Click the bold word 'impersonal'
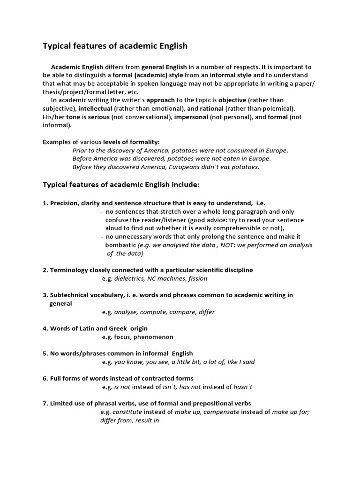[x=191, y=117]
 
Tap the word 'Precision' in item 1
[x=64, y=203]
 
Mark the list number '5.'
[x=45, y=353]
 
